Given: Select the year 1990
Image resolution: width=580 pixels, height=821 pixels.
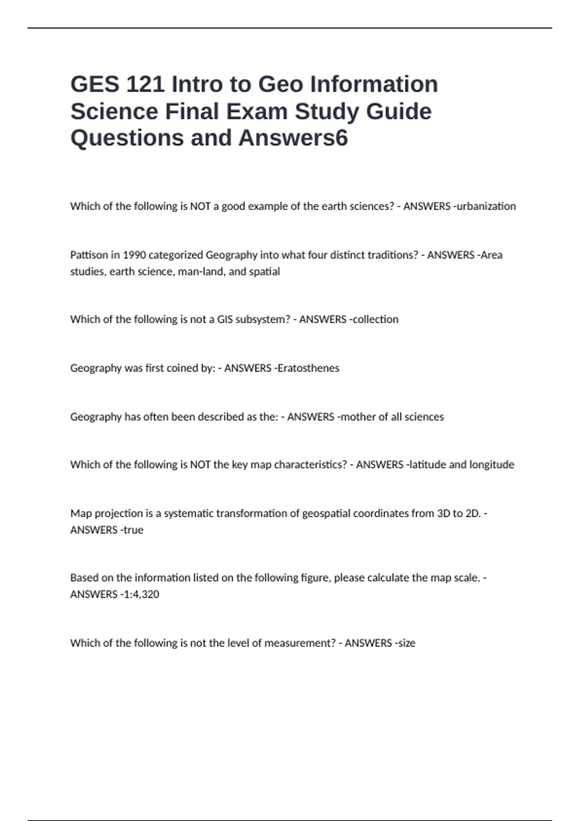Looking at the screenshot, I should tap(134, 255).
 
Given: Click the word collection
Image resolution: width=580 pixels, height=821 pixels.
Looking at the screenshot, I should tap(376, 319).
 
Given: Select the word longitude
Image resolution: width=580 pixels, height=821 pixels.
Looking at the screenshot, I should tap(491, 465).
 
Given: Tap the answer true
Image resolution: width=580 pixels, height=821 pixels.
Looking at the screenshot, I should tap(133, 530).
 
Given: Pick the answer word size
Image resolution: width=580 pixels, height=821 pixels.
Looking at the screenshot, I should tap(406, 643).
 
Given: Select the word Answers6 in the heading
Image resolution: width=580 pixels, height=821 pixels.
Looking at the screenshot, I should tap(293, 138).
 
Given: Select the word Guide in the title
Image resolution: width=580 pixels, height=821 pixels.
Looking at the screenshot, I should tap(399, 111).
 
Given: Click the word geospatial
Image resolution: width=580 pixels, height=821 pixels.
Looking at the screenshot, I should tap(326, 513).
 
